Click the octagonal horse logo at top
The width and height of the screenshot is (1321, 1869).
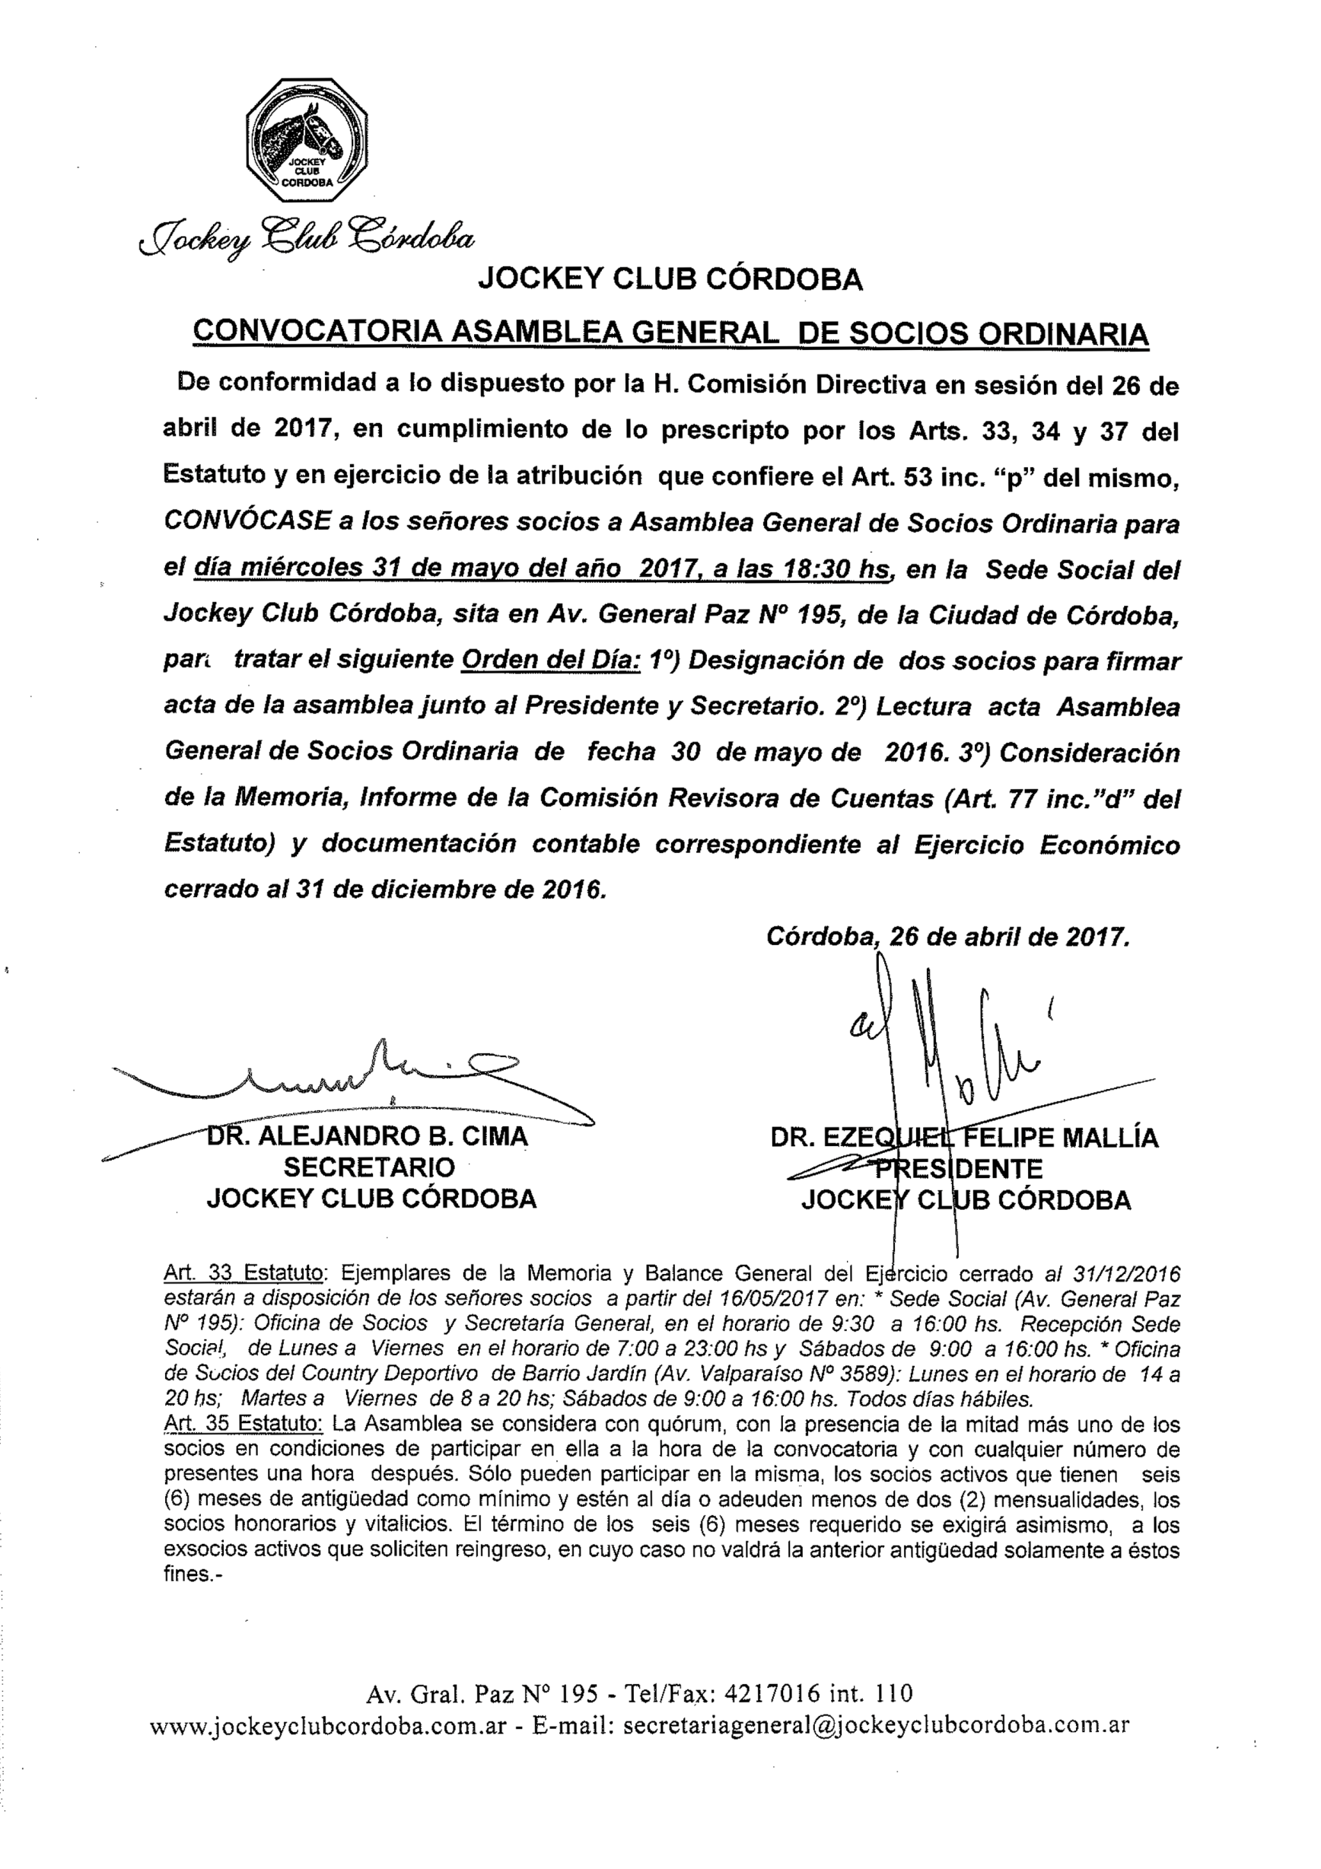click(x=306, y=140)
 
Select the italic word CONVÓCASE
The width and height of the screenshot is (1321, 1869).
click(x=247, y=521)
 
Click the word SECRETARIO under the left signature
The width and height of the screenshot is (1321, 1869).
click(x=369, y=1167)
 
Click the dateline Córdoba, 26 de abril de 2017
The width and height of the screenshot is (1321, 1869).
click(x=948, y=938)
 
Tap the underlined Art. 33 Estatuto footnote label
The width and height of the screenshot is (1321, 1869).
click(x=244, y=1272)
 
